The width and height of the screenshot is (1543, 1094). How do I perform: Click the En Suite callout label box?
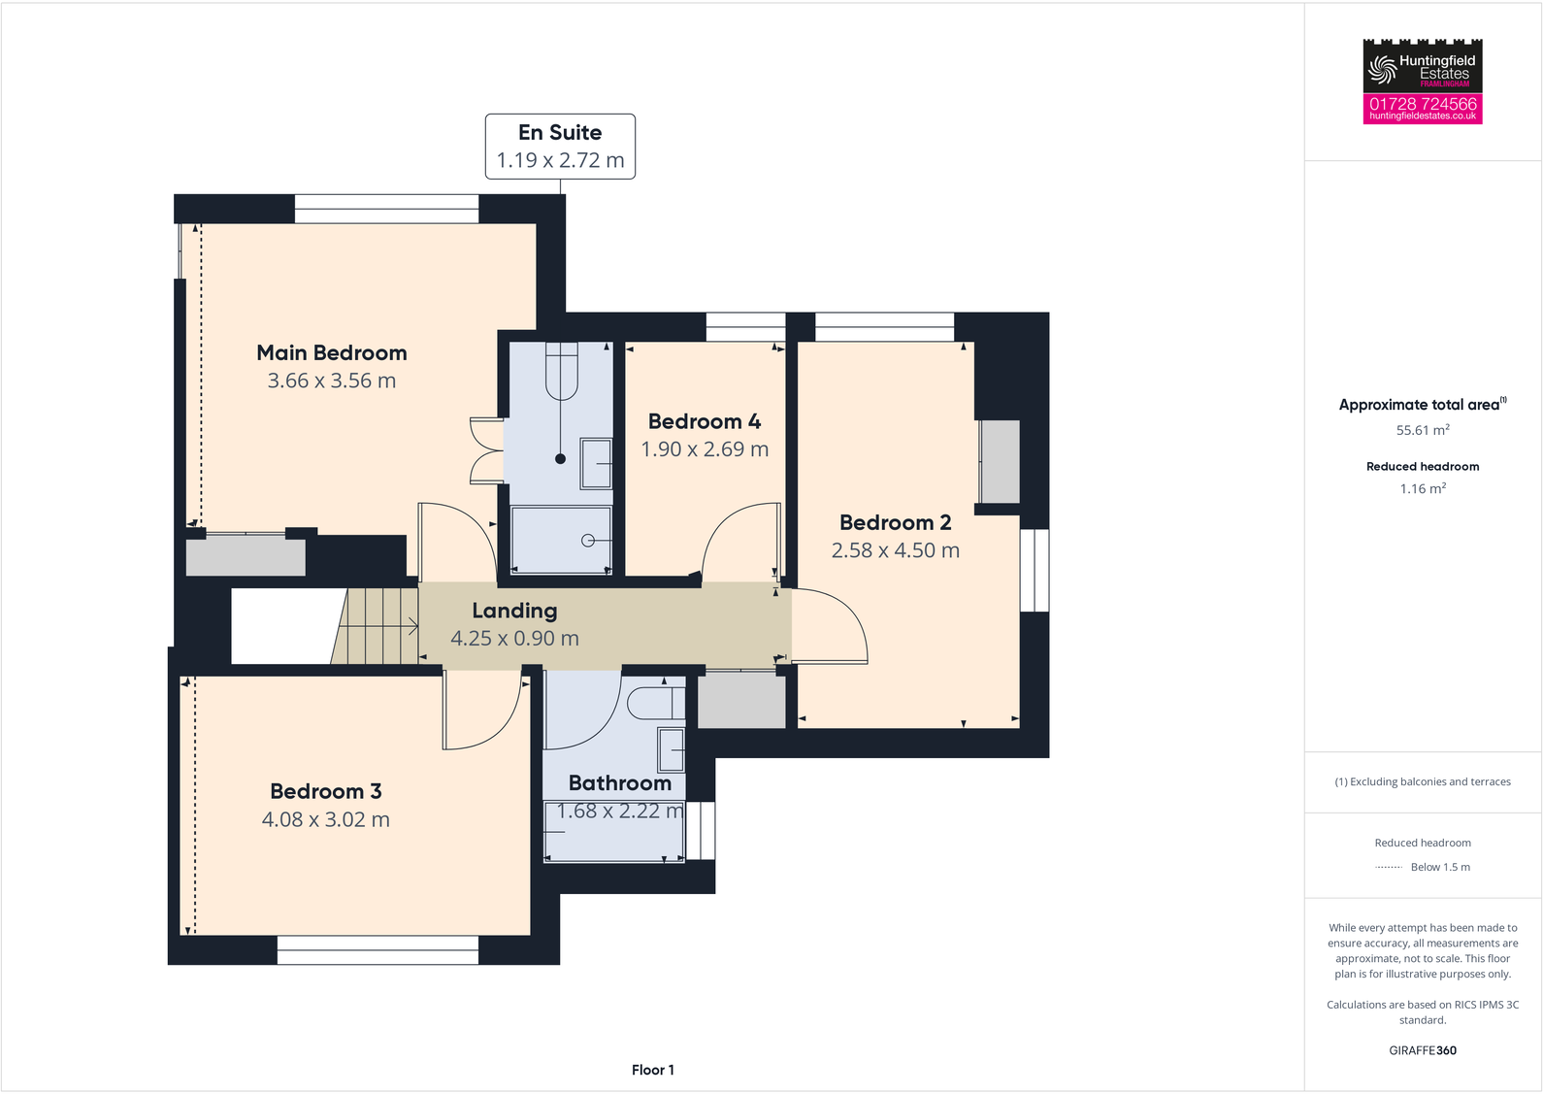[x=560, y=147]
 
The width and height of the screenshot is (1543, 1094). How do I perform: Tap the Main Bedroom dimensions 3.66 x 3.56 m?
[x=332, y=381]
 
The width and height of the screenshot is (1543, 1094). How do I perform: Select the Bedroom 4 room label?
[x=705, y=422]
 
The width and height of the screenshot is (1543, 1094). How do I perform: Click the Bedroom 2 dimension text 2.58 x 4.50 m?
[x=895, y=550]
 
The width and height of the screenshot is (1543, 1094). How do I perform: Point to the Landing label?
[x=514, y=611]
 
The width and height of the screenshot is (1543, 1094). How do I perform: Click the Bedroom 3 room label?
[x=326, y=791]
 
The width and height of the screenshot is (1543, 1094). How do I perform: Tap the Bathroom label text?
[x=619, y=783]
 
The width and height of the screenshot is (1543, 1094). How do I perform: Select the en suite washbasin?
[x=595, y=464]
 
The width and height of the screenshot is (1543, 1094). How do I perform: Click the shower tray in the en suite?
[x=561, y=540]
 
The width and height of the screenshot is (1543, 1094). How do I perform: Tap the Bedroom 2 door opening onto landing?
[x=830, y=626]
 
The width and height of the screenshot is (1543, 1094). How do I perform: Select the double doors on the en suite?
[x=485, y=450]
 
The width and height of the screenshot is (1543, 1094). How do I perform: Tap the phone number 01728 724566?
[x=1423, y=104]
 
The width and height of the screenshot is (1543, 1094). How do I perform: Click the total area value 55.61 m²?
[x=1423, y=430]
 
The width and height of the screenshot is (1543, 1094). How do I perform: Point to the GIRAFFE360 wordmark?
[x=1423, y=1050]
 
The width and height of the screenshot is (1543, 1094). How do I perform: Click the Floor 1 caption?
[x=652, y=1070]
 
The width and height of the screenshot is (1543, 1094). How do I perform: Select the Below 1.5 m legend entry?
[x=1440, y=867]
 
